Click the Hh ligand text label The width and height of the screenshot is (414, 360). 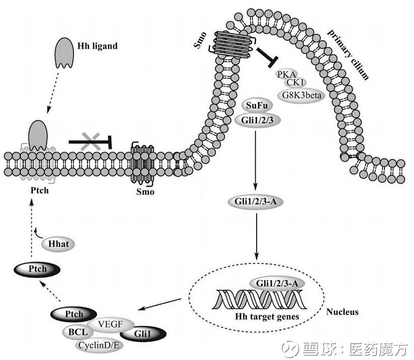97,46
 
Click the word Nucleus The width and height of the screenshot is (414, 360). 343,312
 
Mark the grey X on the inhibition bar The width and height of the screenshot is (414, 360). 91,141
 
